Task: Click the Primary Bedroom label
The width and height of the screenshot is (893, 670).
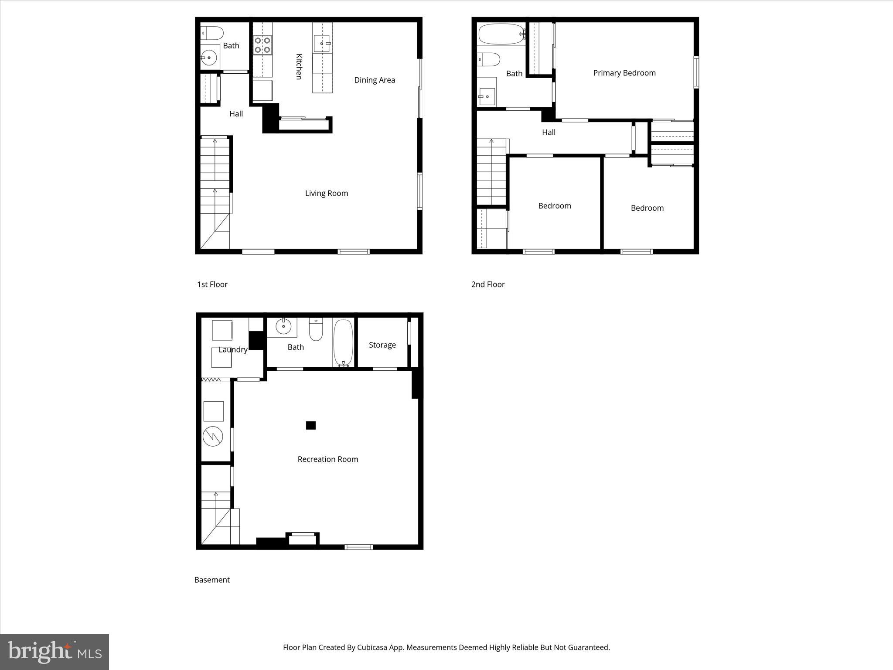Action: pyautogui.click(x=624, y=73)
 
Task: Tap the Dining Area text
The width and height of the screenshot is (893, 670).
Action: pyautogui.click(x=374, y=80)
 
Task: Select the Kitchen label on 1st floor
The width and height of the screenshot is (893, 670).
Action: pyautogui.click(x=299, y=66)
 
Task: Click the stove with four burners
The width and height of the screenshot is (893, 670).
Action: pyautogui.click(x=262, y=45)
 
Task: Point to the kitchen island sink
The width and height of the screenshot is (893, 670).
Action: pyautogui.click(x=322, y=43)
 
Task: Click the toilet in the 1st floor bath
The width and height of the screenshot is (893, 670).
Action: pyautogui.click(x=213, y=33)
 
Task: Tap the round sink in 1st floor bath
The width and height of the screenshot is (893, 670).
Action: pyautogui.click(x=209, y=58)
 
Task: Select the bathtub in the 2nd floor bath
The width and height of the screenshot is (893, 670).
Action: pyautogui.click(x=501, y=34)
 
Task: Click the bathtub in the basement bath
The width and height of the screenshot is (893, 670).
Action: pyautogui.click(x=343, y=342)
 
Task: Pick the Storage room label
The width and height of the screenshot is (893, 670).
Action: pyautogui.click(x=382, y=345)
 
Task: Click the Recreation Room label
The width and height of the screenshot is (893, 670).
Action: pyautogui.click(x=327, y=459)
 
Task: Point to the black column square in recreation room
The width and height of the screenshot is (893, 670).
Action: pyautogui.click(x=310, y=425)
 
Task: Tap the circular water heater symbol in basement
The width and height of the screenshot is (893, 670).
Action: pyautogui.click(x=213, y=436)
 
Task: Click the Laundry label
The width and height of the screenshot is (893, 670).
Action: pyautogui.click(x=233, y=349)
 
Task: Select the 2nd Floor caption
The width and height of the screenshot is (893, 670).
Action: pyautogui.click(x=487, y=284)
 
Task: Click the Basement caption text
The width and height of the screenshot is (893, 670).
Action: pyautogui.click(x=212, y=580)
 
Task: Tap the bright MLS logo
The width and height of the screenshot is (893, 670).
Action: pyautogui.click(x=55, y=652)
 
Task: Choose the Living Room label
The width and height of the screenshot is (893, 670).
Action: pyautogui.click(x=326, y=193)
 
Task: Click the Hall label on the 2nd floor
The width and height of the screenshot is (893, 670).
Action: pyautogui.click(x=549, y=132)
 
